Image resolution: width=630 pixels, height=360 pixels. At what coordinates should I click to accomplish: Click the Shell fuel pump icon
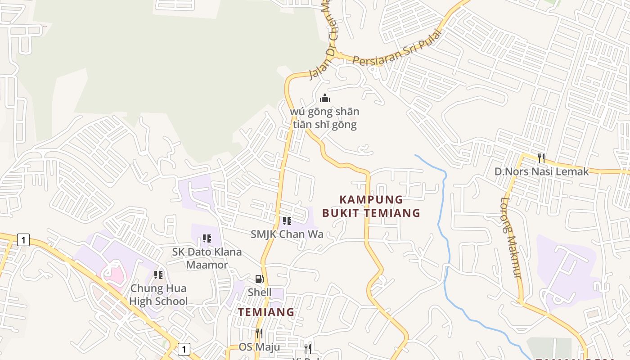[x=259, y=279]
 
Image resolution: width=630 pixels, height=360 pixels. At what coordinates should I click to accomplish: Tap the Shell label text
[x=260, y=292]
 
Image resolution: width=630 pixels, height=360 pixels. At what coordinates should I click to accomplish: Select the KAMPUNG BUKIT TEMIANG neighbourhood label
[x=371, y=206]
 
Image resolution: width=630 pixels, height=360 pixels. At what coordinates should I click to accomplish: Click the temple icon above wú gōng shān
[x=325, y=98]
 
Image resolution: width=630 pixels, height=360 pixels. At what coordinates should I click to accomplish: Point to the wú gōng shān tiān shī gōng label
[x=325, y=118]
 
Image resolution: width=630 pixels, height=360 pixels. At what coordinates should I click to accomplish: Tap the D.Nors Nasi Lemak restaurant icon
[x=541, y=158]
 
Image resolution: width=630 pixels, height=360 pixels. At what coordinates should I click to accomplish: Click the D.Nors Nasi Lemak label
[x=541, y=171]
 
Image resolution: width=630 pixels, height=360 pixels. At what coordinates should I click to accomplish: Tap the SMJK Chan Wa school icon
[x=287, y=220]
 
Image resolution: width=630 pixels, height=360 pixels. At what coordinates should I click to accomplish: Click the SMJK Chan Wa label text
[x=287, y=234]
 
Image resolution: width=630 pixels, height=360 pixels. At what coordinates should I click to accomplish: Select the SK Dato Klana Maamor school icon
[x=207, y=238]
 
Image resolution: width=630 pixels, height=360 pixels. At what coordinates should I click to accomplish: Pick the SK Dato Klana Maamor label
[x=207, y=258]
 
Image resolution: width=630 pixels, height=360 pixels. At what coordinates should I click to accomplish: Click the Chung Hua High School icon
[x=158, y=274]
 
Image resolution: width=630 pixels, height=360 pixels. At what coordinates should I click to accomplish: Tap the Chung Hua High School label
[x=158, y=295]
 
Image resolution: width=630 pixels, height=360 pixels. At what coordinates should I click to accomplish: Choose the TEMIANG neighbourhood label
[x=266, y=312]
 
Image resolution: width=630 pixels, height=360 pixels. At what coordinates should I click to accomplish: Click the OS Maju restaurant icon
[x=259, y=333]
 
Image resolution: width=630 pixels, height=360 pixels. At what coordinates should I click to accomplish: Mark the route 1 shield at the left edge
[x=23, y=240]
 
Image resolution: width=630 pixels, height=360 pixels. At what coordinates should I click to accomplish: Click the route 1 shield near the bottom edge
[x=184, y=349]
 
